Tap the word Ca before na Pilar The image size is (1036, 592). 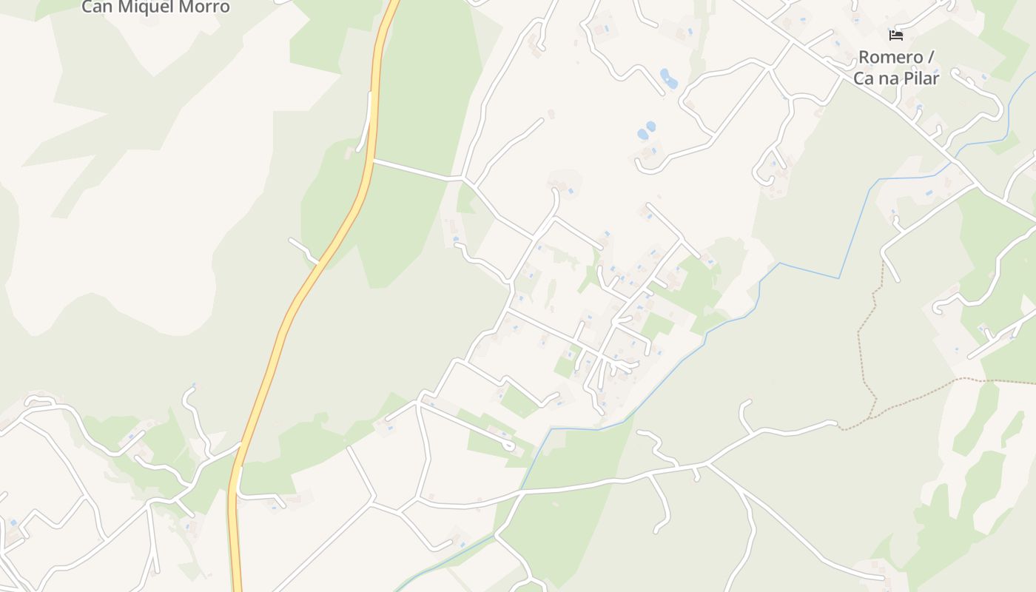coord(864,78)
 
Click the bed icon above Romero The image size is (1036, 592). coord(896,36)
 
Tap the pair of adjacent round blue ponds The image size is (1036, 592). coord(646,131)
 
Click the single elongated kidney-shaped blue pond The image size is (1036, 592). coord(667,78)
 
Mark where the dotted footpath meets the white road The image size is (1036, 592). coord(838,427)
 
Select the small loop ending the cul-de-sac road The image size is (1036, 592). coord(509,445)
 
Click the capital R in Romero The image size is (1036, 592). coord(864,58)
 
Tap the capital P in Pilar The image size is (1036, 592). coord(906,78)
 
